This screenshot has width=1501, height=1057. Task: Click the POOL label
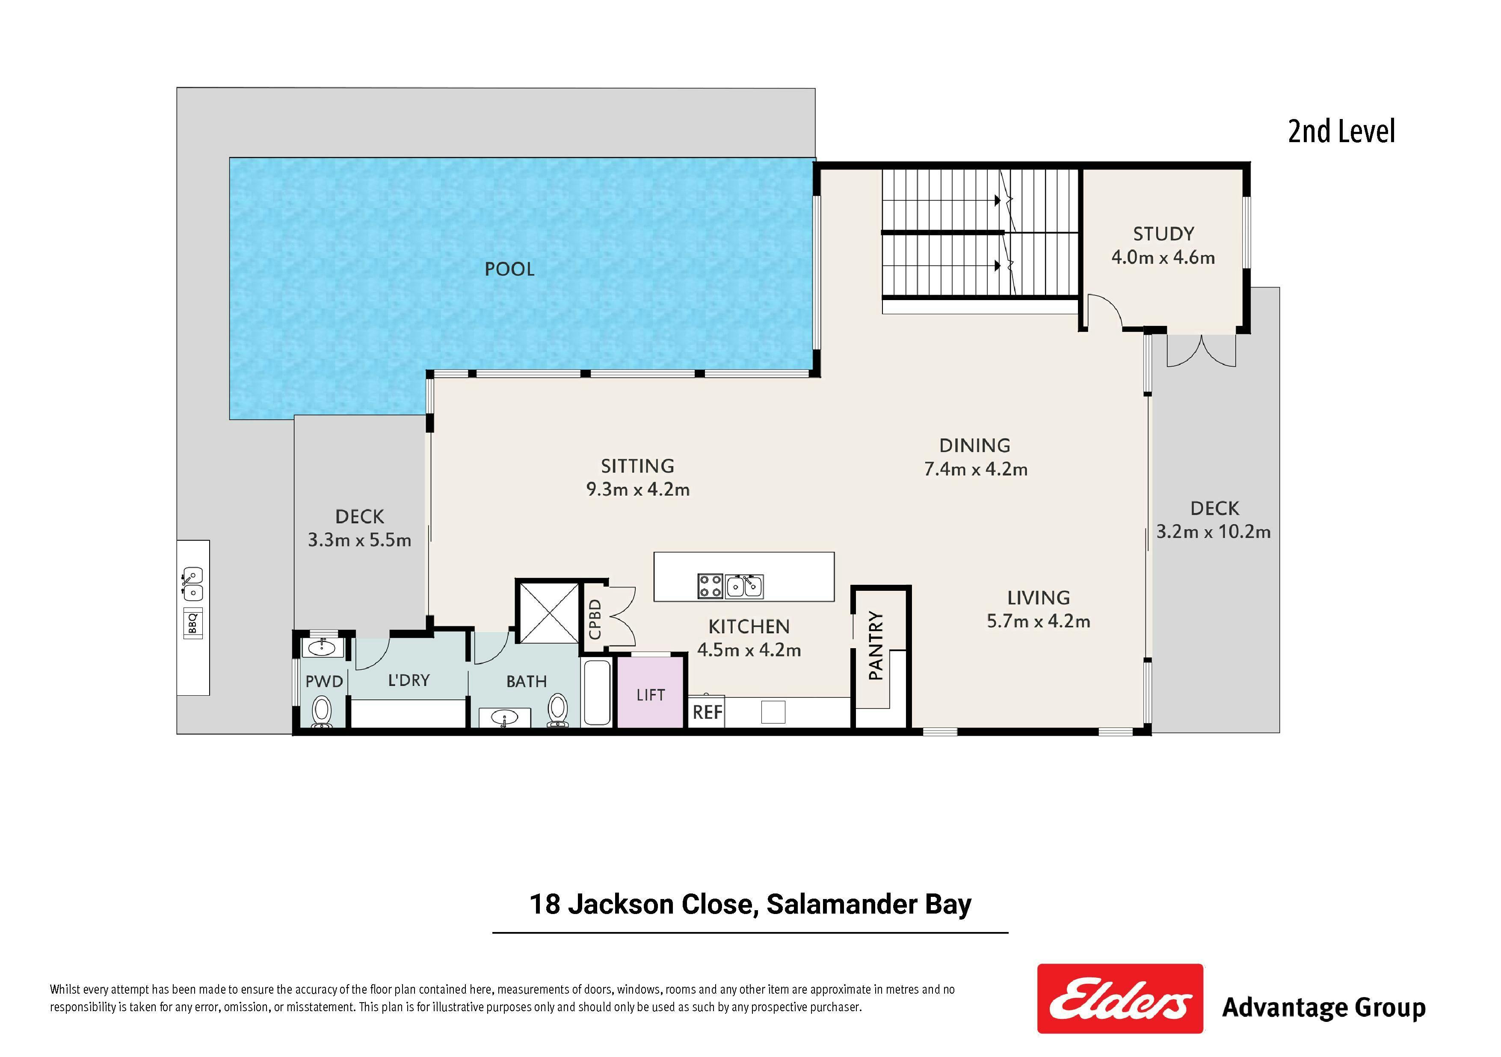(509, 269)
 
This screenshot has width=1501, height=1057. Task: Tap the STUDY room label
(1163, 233)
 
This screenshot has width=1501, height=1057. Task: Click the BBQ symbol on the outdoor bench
(193, 623)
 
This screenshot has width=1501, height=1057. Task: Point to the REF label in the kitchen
(708, 712)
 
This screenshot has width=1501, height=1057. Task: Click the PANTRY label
(875, 646)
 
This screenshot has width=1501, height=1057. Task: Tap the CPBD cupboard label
(594, 619)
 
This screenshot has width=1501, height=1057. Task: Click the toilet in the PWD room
(322, 711)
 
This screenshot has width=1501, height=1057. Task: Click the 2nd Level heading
(1341, 131)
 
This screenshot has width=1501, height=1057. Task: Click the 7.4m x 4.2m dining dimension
(975, 469)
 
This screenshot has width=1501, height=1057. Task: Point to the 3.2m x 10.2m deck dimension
(1214, 532)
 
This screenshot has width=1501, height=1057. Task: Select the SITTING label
(637, 466)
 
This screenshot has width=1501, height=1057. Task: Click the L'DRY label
(409, 680)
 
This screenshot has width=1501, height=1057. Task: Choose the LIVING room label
(1038, 597)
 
